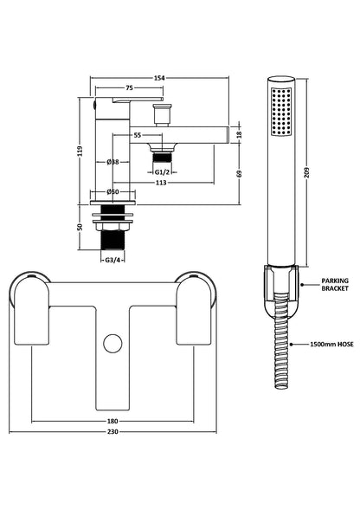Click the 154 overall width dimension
point(159,78)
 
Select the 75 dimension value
point(128,87)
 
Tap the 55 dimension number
point(137,135)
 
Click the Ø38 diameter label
point(112,162)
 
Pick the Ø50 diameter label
point(112,191)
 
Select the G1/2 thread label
point(160,171)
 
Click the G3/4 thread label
point(112,259)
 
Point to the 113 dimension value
point(160,183)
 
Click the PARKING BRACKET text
point(335,285)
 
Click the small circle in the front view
point(110,343)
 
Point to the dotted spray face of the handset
point(281,111)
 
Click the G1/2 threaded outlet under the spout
point(160,156)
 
